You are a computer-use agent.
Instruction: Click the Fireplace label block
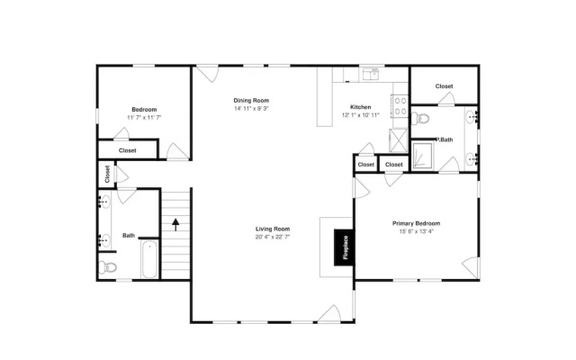coord(344,247)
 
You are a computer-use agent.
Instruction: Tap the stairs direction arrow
coord(175,224)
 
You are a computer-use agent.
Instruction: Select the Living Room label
coord(273,229)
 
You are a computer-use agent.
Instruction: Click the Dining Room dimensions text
coord(251,108)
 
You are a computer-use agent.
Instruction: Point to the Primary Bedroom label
coord(416,223)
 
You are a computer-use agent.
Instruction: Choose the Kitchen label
coord(360,107)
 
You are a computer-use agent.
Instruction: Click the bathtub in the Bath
coord(149,259)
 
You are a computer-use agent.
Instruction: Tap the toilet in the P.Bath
coord(420,119)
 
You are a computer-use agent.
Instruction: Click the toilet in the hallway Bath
coord(107,267)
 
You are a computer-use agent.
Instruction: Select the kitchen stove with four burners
coord(400,106)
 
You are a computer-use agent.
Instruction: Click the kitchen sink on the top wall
coord(371,74)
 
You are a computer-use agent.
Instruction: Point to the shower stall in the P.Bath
coord(422,156)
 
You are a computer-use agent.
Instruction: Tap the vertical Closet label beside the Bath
coord(107,174)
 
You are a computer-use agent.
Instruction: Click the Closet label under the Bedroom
coord(128,150)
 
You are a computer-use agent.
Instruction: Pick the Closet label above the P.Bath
coord(444,86)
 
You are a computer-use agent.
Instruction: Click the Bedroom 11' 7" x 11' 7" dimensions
coord(144,118)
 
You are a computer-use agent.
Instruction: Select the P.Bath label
coord(444,139)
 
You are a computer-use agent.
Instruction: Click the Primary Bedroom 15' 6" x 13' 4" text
coord(416,231)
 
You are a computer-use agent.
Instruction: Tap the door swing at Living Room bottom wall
coord(330,314)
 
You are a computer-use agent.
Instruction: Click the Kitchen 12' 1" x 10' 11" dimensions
coord(360,115)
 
